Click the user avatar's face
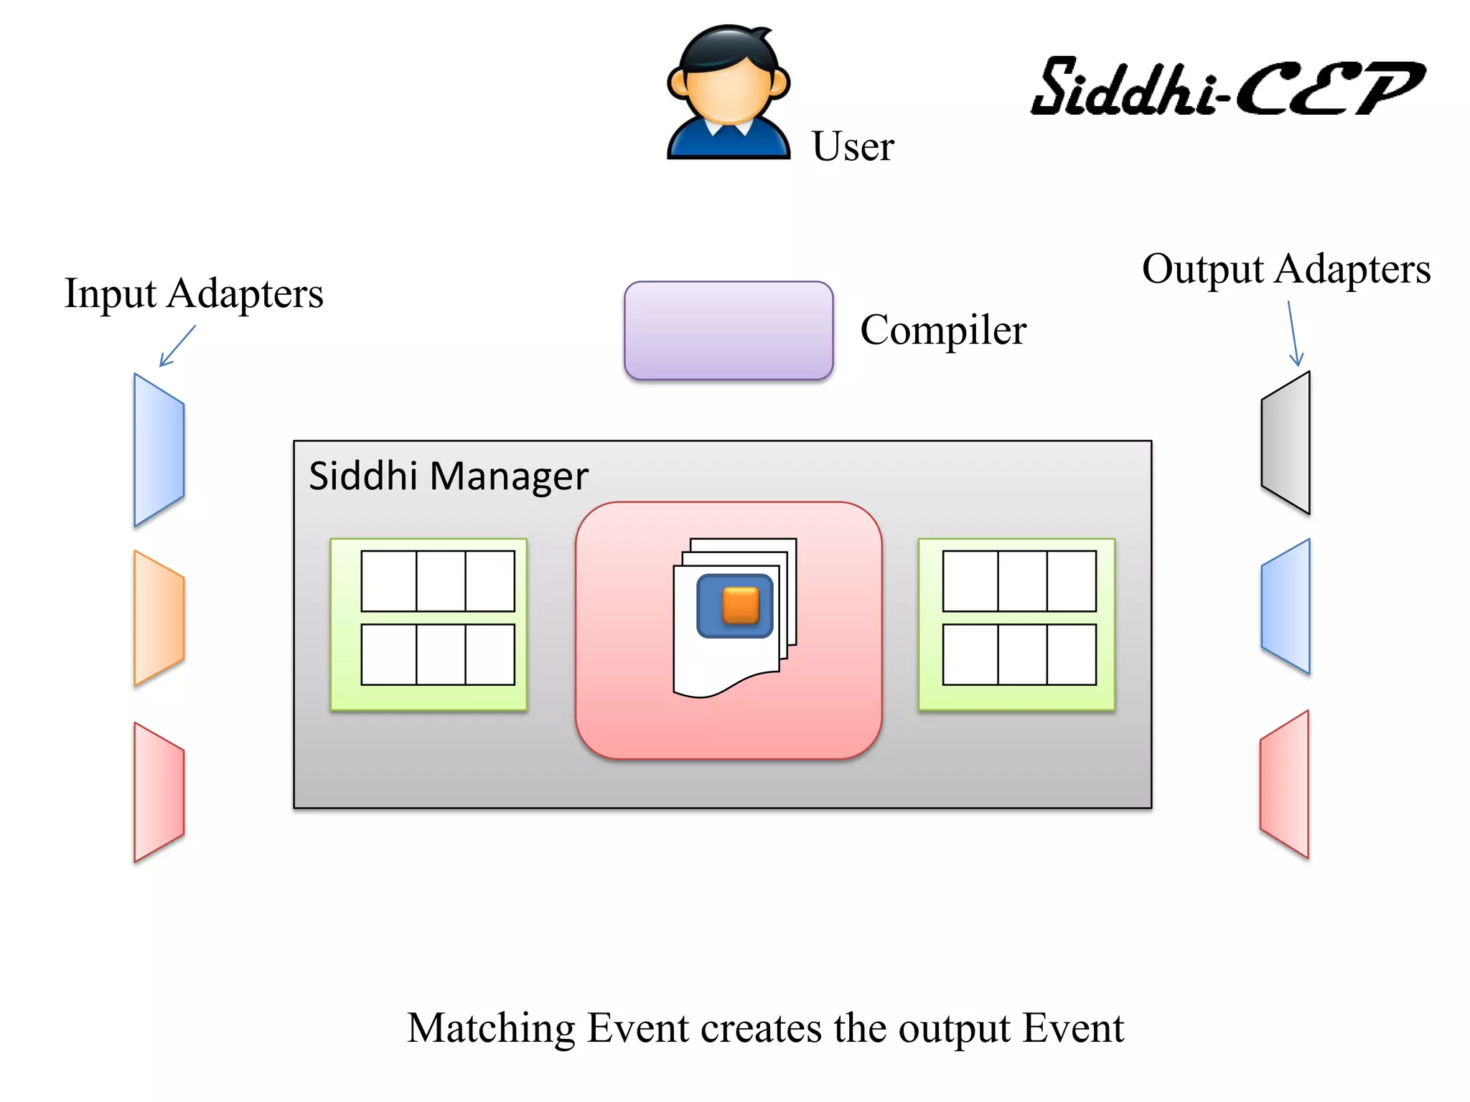pyautogui.click(x=727, y=93)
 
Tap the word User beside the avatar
pyautogui.click(x=852, y=146)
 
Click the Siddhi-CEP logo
pyautogui.click(x=1227, y=88)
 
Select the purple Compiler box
pyautogui.click(x=728, y=330)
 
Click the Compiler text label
pyautogui.click(x=942, y=330)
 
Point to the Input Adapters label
pyautogui.click(x=194, y=293)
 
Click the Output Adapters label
pyautogui.click(x=1286, y=269)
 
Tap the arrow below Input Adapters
pyautogui.click(x=177, y=346)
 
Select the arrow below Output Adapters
pyautogui.click(x=1293, y=334)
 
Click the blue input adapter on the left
pyautogui.click(x=159, y=450)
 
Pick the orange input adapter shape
pyautogui.click(x=159, y=618)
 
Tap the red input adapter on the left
pyautogui.click(x=159, y=792)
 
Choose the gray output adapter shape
pyautogui.click(x=1286, y=443)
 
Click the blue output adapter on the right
pyautogui.click(x=1286, y=606)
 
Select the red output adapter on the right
pyautogui.click(x=1285, y=784)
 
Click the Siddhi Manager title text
pyautogui.click(x=448, y=476)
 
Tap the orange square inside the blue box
pyautogui.click(x=740, y=605)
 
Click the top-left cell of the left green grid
pyautogui.click(x=388, y=581)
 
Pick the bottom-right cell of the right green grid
pyautogui.click(x=1071, y=654)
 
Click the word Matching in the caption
pyautogui.click(x=491, y=1028)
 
